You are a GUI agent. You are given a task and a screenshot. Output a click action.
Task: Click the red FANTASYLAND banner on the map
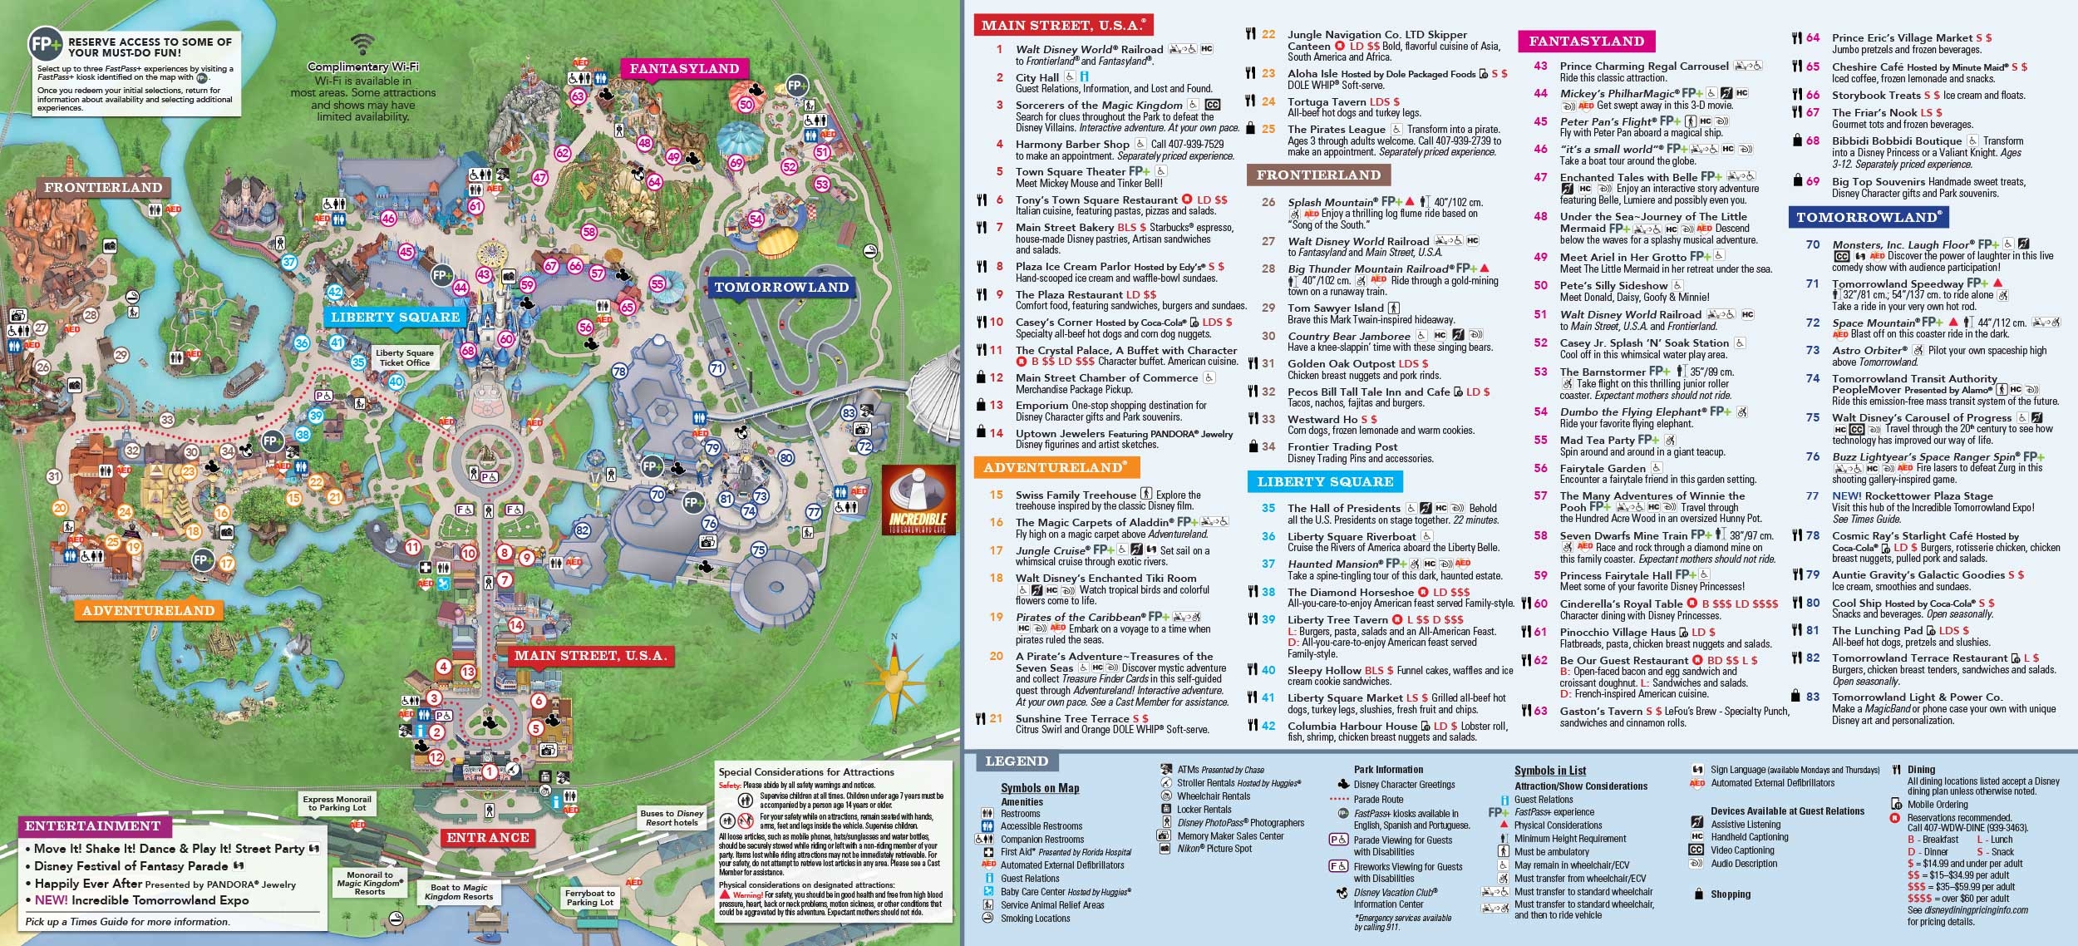684,69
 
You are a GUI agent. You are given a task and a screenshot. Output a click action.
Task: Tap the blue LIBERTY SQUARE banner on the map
395,318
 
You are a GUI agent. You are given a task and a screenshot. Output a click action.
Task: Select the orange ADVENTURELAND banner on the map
149,611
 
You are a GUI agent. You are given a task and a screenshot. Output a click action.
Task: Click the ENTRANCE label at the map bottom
488,837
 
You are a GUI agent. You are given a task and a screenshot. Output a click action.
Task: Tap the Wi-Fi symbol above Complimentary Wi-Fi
362,44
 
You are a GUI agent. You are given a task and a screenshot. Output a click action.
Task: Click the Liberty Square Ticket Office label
404,357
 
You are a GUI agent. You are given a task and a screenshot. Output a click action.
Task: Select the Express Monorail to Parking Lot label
337,803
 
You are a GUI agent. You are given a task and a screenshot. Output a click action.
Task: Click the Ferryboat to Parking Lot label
589,898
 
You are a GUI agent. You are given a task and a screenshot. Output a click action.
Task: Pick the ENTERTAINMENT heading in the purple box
93,826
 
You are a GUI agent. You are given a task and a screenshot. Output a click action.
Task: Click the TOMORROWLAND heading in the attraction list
1867,218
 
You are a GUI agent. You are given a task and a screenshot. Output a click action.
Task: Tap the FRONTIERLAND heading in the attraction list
1318,175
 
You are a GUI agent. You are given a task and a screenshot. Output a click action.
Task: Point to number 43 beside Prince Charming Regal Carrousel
1541,66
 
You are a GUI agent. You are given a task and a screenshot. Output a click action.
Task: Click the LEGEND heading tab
1016,761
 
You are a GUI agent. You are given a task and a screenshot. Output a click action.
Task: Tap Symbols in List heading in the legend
1549,771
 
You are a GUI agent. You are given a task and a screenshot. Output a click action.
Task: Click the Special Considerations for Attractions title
805,771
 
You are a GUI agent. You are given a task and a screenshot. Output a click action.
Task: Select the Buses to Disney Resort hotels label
672,818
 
